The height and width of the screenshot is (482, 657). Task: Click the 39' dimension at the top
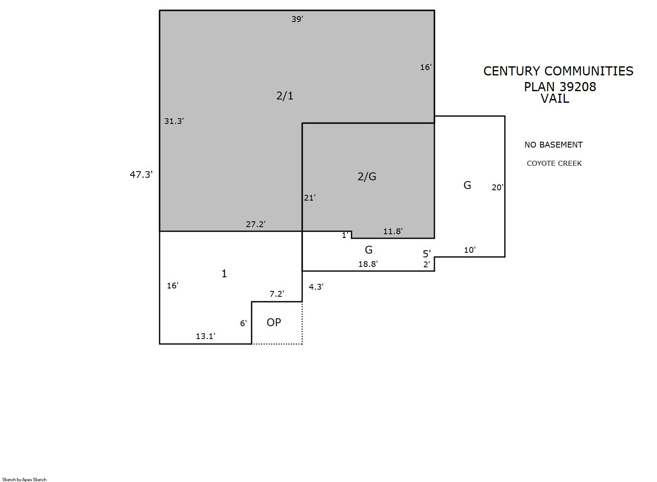(297, 19)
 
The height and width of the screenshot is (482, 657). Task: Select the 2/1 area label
(284, 96)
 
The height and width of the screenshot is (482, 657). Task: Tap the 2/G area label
(366, 176)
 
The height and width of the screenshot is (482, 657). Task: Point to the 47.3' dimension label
(141, 174)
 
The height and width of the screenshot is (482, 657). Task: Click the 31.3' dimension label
(174, 121)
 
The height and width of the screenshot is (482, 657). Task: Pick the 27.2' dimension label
(255, 224)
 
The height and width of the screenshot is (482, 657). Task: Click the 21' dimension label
(310, 198)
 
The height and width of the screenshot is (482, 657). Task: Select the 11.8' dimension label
(393, 231)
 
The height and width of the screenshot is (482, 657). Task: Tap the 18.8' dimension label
(368, 264)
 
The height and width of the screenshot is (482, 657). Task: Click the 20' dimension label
(497, 187)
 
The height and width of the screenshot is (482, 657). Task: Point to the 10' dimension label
(470, 250)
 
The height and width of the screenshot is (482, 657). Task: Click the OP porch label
(274, 322)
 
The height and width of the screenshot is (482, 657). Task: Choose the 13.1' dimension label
(205, 336)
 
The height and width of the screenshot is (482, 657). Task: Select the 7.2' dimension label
(276, 294)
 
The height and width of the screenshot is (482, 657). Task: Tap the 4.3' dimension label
(316, 286)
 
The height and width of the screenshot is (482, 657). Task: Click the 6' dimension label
(243, 323)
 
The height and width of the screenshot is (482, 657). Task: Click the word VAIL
(555, 99)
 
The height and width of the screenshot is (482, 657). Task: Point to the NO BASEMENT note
(553, 145)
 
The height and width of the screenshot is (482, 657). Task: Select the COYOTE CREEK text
(554, 163)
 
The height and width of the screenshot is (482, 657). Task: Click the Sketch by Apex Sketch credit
(24, 480)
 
